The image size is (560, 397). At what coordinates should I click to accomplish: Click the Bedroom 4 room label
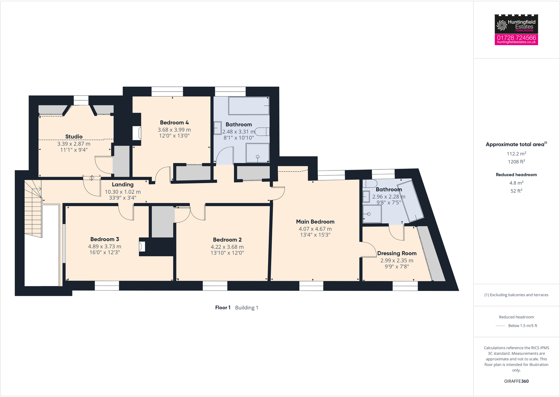coord(174,123)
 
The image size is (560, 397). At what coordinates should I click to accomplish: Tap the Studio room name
coord(74,137)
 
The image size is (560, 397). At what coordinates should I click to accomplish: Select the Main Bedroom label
coord(315,222)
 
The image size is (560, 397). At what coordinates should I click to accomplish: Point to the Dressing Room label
coord(397,253)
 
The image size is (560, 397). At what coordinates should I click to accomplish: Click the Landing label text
coord(123,185)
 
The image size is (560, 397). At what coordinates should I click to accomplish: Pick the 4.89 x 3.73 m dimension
coord(105,247)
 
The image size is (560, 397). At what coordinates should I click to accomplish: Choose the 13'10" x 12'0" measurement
coord(227,253)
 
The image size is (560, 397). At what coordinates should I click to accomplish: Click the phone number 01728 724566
coord(516,37)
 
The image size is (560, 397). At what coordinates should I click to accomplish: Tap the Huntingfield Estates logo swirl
coord(502,25)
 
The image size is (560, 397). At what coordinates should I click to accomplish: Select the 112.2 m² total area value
coord(516,154)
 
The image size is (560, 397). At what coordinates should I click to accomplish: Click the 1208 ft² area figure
coord(516,162)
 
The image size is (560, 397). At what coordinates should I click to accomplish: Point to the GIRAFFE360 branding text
coord(516,381)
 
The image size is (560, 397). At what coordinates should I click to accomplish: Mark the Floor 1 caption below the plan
coord(223,308)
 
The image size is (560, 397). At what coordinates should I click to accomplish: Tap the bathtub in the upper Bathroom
coord(249,106)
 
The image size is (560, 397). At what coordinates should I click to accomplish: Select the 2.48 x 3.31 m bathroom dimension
coord(238,132)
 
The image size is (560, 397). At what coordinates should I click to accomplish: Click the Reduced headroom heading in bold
coord(516,175)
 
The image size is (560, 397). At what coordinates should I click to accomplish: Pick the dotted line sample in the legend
coord(500,326)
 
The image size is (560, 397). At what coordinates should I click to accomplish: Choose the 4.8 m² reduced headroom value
coord(516,183)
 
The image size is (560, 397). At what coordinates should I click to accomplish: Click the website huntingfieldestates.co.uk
coord(516,42)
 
